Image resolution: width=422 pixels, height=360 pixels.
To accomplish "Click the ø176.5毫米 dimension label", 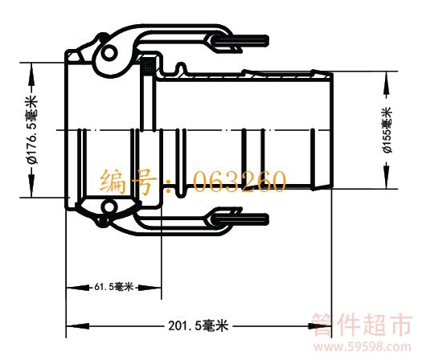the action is click(x=31, y=129).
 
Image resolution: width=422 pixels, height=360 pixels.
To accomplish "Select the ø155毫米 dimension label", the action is click(x=387, y=130).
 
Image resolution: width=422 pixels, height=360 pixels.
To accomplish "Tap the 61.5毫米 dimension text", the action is click(x=113, y=287).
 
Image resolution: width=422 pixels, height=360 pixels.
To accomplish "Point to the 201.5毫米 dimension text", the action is click(x=199, y=325).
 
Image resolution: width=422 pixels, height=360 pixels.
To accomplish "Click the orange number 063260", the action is click(x=239, y=181).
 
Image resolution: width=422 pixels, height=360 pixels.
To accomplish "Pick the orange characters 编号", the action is click(x=128, y=182).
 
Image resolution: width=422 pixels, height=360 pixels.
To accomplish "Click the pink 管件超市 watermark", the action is click(x=363, y=325).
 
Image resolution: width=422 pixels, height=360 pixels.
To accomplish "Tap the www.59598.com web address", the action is click(x=363, y=347).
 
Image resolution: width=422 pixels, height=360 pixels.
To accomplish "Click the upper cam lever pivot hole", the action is click(x=109, y=53).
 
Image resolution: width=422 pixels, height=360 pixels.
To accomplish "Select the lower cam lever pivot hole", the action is click(x=109, y=207).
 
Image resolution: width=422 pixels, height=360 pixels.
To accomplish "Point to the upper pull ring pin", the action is click(x=241, y=41).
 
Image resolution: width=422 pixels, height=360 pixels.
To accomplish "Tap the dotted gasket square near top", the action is click(x=148, y=66).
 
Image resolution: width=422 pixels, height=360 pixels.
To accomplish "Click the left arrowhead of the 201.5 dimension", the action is click(x=78, y=326).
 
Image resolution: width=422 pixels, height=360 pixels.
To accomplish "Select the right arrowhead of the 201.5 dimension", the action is click(x=320, y=326).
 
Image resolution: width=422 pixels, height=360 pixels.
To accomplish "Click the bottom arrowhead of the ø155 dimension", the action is click(x=387, y=178).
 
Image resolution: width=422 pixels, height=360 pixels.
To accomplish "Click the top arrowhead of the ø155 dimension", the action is click(x=387, y=83).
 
